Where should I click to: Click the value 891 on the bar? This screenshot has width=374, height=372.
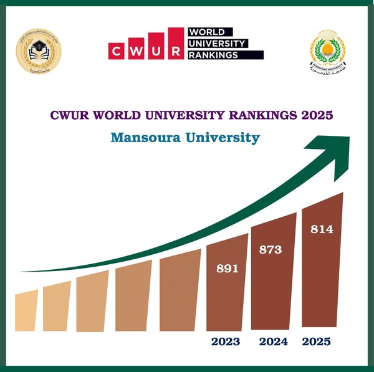pos(228,269)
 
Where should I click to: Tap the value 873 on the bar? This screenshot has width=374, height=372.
pos(271,250)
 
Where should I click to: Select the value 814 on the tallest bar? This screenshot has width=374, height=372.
pos(322,229)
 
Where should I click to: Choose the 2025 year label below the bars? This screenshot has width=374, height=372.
pos(316,341)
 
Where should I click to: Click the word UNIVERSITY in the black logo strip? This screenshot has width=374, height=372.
pos(216,43)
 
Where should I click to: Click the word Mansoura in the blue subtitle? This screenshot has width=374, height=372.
pos(144,137)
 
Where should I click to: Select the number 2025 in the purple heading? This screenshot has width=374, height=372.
pos(315,115)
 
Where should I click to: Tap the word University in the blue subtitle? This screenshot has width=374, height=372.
pos(221,137)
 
